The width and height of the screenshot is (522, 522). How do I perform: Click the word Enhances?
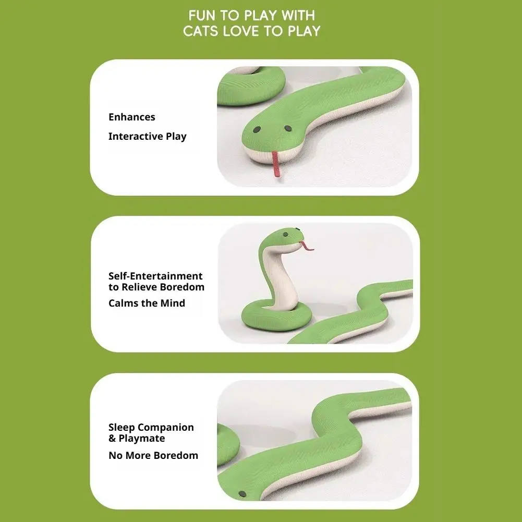point(132,117)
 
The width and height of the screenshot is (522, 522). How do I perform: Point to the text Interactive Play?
point(148,137)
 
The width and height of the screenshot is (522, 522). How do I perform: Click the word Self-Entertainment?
point(155,276)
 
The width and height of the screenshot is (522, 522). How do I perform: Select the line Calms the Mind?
point(147,303)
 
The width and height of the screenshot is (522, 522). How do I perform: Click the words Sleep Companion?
point(151,428)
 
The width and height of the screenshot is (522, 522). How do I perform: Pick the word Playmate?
point(142,439)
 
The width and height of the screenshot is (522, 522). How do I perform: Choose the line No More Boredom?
point(153,455)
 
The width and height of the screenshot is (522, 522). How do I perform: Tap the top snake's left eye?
point(257,129)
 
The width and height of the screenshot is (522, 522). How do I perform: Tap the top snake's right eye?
point(288,128)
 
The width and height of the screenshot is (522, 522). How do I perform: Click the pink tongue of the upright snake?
point(307,246)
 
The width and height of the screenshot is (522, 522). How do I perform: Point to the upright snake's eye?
point(285,234)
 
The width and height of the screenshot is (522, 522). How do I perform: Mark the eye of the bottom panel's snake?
point(242,494)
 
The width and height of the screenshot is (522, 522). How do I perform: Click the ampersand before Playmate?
point(113,439)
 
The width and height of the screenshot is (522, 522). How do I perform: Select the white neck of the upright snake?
point(281,280)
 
